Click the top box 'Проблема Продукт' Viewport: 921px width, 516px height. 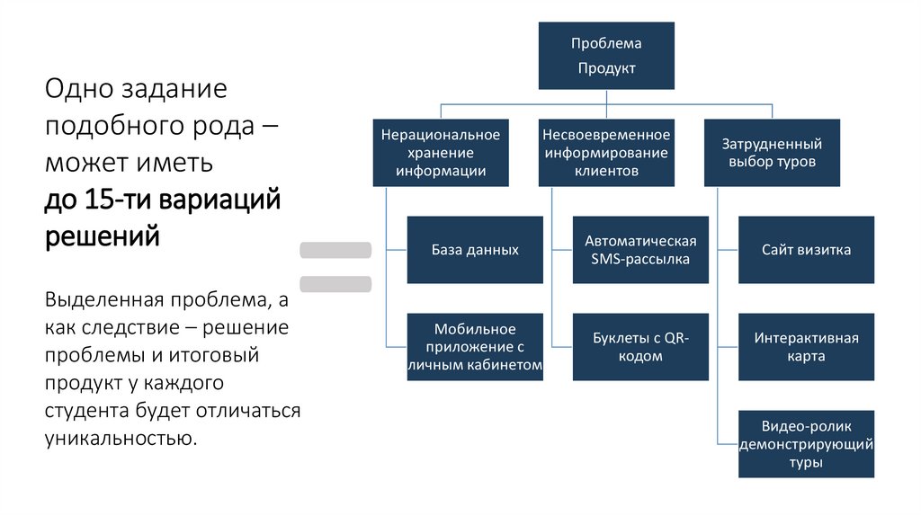(606, 56)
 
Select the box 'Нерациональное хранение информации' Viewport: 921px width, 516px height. (441, 153)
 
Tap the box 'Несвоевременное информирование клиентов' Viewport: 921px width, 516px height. (606, 153)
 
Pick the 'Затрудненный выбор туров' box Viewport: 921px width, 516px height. (772, 153)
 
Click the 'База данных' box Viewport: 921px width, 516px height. (475, 250)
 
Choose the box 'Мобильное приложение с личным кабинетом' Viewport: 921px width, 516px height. (475, 347)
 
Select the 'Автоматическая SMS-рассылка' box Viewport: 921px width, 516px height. (640, 250)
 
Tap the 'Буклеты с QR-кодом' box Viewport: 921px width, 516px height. (640, 347)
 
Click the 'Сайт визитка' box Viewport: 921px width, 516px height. (806, 250)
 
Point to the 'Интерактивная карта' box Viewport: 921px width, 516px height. (806, 347)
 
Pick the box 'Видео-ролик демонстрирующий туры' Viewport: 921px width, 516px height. (806, 444)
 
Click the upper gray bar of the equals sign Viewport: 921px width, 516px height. (335, 250)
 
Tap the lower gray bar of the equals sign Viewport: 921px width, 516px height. (335, 284)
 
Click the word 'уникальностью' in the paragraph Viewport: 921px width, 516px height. (118, 439)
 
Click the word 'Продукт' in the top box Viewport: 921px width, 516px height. (606, 68)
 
